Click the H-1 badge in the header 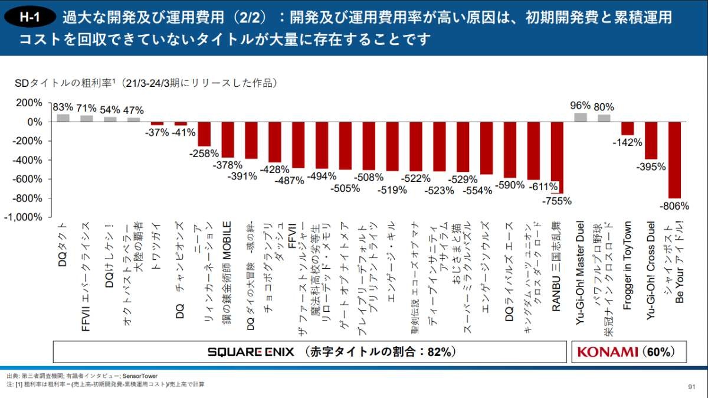pyautogui.click(x=30, y=17)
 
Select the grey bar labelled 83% pyautogui.click(x=63, y=118)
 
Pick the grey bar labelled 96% pyautogui.click(x=580, y=117)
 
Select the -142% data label pyautogui.click(x=627, y=142)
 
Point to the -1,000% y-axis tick pyautogui.click(x=24, y=217)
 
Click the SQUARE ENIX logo pyautogui.click(x=250, y=352)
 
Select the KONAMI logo pyautogui.click(x=608, y=352)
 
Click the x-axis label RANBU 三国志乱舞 pyautogui.click(x=556, y=266)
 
